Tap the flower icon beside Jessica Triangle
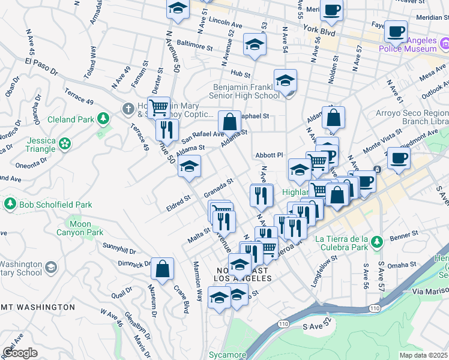[64, 144]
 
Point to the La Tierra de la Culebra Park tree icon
[376, 242]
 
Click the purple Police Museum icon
[445, 44]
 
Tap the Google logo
[20, 352]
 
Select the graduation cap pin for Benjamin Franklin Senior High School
[285, 80]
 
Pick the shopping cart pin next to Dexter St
[158, 107]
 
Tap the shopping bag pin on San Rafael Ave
[229, 122]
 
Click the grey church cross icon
[127, 109]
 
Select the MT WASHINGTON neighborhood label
[37, 307]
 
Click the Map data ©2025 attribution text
[424, 355]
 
